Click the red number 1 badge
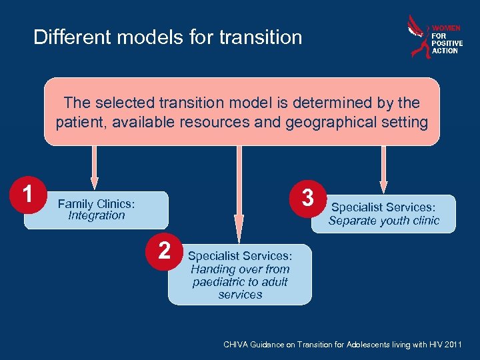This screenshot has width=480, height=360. coord(27,195)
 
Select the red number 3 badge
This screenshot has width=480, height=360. coord(307,198)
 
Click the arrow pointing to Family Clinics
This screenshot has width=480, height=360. coord(95,167)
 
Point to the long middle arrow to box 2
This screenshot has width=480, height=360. coord(239,193)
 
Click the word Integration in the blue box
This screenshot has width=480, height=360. coord(96,216)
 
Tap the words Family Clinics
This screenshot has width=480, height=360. coord(96,203)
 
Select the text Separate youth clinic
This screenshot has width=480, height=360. coord(383,221)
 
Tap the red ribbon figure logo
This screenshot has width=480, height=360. coord(419,37)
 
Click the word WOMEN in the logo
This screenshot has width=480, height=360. coord(446,29)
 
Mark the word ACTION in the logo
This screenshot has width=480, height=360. coord(445,51)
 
